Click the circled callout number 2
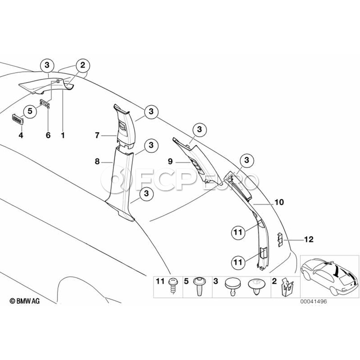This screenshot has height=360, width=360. (x=82, y=65)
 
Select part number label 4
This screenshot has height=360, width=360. (x=21, y=135)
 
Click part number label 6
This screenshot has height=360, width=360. (x=48, y=135)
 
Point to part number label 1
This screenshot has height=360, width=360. (x=62, y=135)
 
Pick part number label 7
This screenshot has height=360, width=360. (x=97, y=136)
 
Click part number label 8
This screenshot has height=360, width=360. (x=97, y=162)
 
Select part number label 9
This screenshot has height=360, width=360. (x=170, y=162)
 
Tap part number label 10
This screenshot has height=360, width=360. (x=279, y=202)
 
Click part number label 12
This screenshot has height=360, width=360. (x=308, y=240)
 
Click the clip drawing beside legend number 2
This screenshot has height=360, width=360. (x=287, y=286)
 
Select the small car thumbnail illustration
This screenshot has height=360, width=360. (x=328, y=276)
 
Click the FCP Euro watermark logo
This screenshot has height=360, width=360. (x=180, y=182)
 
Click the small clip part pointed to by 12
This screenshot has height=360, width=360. (x=281, y=239)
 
